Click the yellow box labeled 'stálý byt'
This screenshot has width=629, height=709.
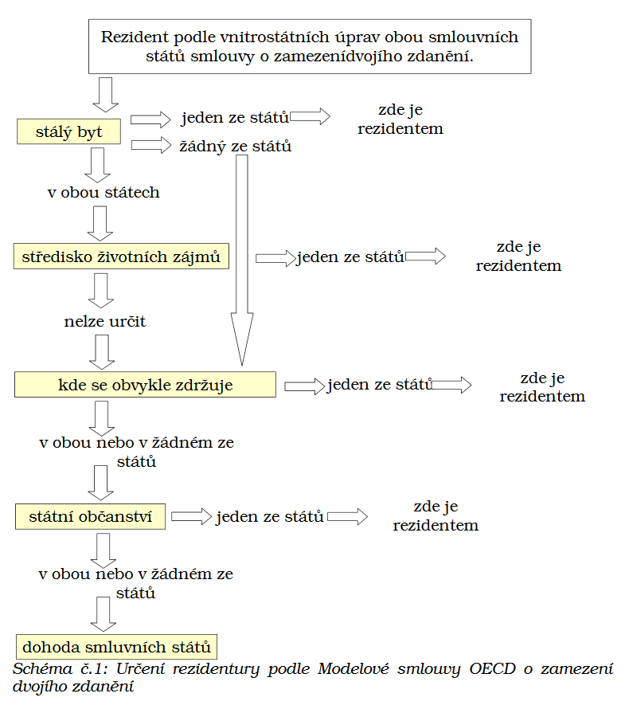point(68,131)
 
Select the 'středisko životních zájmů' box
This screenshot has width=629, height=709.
point(121,257)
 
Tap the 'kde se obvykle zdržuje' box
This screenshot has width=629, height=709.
point(145,385)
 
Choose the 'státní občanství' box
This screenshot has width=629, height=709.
point(91,516)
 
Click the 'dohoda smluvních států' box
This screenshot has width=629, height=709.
point(116,647)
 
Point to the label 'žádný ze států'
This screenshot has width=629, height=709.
point(236,146)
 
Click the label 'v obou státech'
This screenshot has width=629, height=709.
point(104,192)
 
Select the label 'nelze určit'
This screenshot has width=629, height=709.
point(105,322)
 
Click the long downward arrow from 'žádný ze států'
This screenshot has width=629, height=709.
point(242,260)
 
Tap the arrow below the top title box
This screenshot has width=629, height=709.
point(106,95)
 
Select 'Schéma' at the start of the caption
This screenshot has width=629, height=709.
point(42,668)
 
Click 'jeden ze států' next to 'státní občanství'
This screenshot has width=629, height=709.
point(270,516)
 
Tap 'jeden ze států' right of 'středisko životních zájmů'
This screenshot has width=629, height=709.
point(350,257)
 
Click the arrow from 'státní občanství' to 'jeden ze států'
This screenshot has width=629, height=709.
point(191,516)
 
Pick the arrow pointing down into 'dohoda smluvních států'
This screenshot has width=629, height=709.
point(104,614)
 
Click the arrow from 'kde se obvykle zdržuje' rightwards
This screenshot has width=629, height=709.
point(305,386)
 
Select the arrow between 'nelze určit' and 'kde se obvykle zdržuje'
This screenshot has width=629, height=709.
point(102,352)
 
